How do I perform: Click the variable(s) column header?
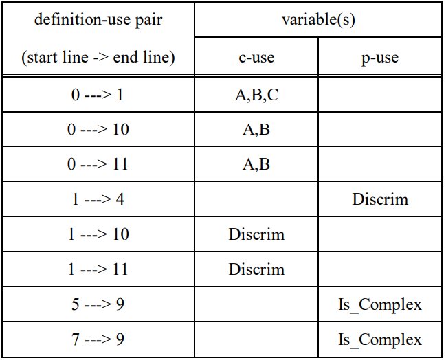(x=318, y=19)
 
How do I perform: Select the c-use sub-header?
(x=256, y=57)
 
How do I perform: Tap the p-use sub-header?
(x=380, y=57)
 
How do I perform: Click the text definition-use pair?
(x=98, y=19)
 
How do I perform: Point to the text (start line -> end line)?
(x=98, y=57)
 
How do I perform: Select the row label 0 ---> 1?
(x=98, y=95)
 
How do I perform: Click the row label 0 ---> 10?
(x=98, y=129)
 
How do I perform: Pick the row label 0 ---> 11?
(x=98, y=164)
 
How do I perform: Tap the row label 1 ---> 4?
(x=98, y=199)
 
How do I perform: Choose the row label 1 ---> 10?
(x=98, y=234)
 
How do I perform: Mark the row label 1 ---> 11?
(x=98, y=269)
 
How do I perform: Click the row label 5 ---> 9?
(x=98, y=304)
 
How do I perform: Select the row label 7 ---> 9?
(x=98, y=339)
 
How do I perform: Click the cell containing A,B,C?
(x=256, y=95)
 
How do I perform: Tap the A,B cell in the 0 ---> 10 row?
(x=256, y=129)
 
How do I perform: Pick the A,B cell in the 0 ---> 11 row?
(x=256, y=164)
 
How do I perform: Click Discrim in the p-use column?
(x=380, y=199)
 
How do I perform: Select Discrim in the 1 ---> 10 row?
(x=256, y=234)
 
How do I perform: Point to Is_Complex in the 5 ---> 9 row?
(x=380, y=304)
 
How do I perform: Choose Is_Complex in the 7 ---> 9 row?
(x=380, y=339)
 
